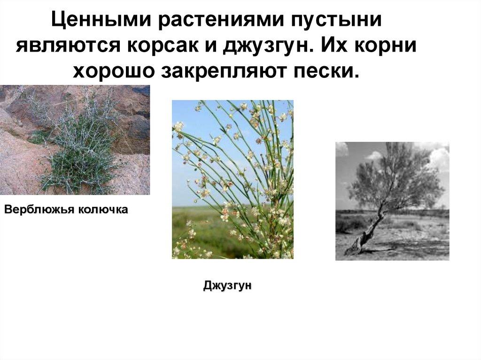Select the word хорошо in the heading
tap(114, 71)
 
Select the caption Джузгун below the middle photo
tap(227, 285)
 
